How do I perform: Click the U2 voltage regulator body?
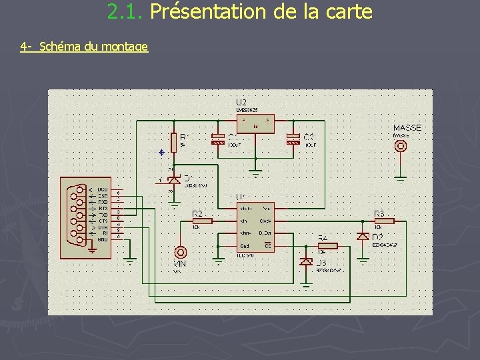(x=255, y=123)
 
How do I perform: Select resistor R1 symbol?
(x=173, y=142)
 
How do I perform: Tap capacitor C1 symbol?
(x=217, y=139)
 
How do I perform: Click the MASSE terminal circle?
(x=401, y=147)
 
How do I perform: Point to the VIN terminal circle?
(x=180, y=252)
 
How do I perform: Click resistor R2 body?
(x=202, y=221)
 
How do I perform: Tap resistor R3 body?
(x=383, y=221)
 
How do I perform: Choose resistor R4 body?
(x=327, y=246)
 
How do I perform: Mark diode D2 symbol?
(x=363, y=236)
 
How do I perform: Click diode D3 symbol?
(x=306, y=261)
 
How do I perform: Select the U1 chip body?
(x=255, y=227)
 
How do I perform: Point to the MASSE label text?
(x=407, y=127)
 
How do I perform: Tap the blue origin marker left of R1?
(x=161, y=152)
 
